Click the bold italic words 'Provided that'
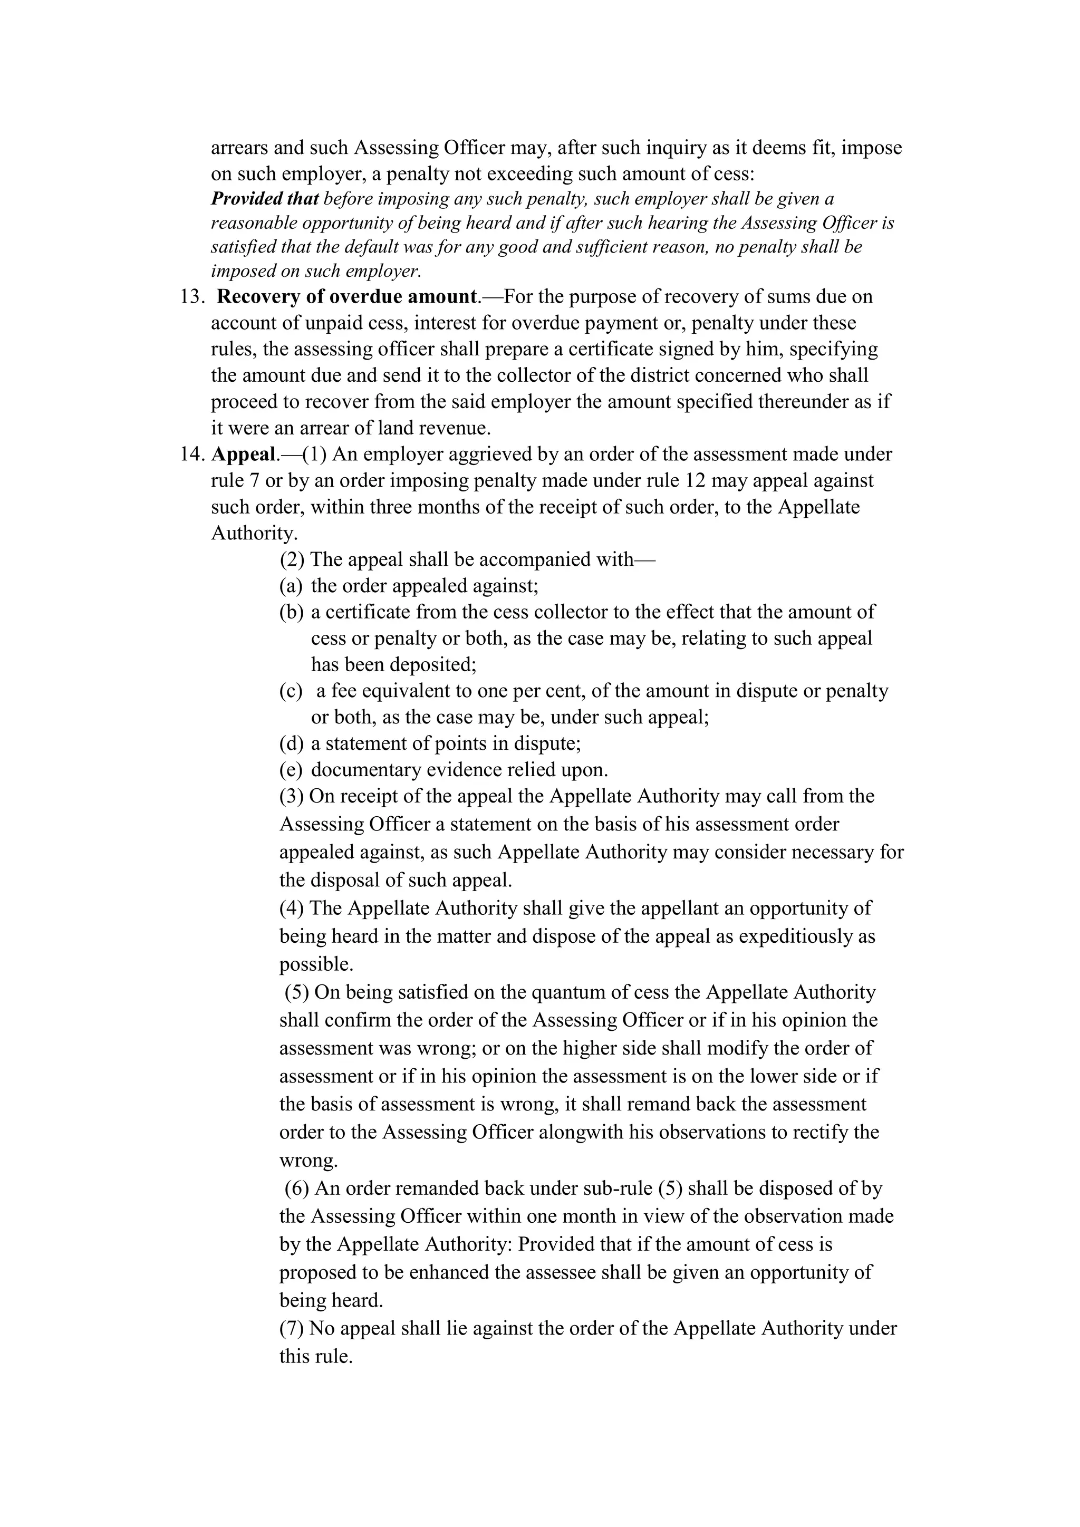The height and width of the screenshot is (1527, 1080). [265, 199]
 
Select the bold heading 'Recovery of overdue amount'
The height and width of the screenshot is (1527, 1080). [347, 297]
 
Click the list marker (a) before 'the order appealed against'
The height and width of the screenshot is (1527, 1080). [291, 586]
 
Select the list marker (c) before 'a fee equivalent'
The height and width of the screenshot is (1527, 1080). [291, 691]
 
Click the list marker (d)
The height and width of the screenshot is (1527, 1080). [291, 743]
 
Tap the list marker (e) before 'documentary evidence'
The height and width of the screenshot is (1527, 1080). [291, 770]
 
